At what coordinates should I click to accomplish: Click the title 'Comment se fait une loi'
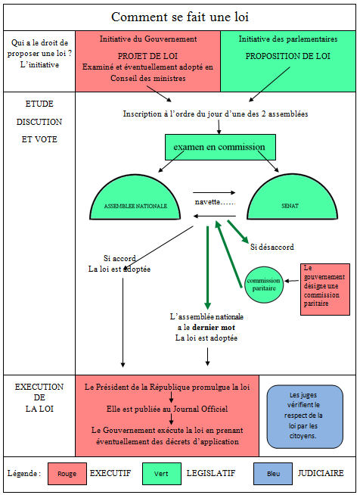point(179,17)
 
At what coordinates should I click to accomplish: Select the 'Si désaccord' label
point(272,247)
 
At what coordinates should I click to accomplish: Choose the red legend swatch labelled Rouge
point(67,473)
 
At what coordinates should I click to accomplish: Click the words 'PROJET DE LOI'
point(147,56)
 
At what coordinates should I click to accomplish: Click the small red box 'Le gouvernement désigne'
point(325,285)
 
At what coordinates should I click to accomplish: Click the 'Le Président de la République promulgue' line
point(167,387)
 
